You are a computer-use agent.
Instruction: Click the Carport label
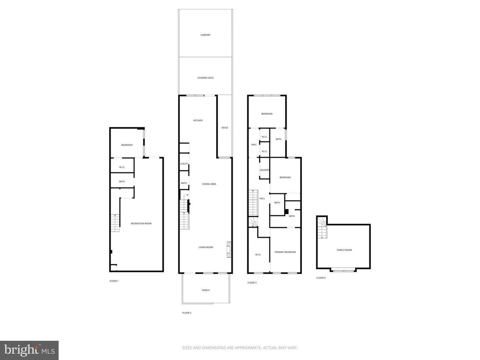(x=205, y=35)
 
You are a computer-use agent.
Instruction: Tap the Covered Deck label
(x=206, y=78)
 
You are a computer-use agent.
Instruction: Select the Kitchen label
(x=198, y=120)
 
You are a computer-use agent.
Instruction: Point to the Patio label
(x=225, y=128)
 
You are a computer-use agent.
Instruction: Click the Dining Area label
(x=209, y=184)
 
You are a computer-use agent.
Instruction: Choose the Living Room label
(x=206, y=247)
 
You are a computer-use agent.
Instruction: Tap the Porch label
(x=206, y=290)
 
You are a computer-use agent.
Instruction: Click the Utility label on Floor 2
(x=184, y=164)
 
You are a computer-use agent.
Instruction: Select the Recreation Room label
(x=141, y=223)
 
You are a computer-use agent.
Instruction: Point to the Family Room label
(x=344, y=250)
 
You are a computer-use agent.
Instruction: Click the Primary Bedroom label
(x=285, y=252)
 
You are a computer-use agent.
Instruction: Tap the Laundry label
(x=264, y=170)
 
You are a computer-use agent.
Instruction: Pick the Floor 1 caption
(x=114, y=281)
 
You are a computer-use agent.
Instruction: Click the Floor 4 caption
(x=321, y=278)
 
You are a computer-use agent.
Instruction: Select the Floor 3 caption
(x=252, y=283)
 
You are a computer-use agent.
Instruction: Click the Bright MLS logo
(x=29, y=350)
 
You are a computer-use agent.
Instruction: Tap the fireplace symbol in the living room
(x=229, y=250)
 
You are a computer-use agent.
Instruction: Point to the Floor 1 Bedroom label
(x=127, y=145)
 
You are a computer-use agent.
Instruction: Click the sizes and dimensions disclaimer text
(x=240, y=347)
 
